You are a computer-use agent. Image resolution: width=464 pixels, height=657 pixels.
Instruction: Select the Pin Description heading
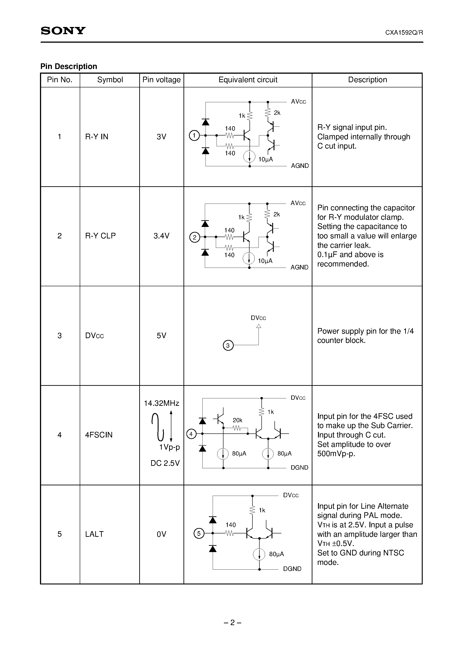pos(69,66)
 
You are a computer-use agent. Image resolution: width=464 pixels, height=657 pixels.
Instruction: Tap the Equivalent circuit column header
pos(248,80)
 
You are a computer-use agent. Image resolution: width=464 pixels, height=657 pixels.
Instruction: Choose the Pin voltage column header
pos(161,80)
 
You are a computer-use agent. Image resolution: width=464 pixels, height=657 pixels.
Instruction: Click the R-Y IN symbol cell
pos(97,137)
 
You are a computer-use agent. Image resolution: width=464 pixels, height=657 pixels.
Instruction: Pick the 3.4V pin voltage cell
pos(161,236)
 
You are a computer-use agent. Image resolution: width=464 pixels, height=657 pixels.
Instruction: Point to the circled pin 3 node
pos(228,345)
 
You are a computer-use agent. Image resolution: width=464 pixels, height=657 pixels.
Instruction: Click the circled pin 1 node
pos(194,135)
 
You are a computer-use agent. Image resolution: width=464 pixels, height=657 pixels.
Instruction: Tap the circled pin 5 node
pos(199,533)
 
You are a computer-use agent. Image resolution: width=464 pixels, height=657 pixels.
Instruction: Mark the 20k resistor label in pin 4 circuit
pos(237,420)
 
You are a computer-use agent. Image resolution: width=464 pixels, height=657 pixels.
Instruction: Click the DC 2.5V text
pos(165,463)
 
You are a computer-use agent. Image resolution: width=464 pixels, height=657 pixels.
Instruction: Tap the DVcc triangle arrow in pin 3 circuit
pos(259,326)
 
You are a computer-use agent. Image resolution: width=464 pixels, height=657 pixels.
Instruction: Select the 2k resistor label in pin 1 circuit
pos(277,113)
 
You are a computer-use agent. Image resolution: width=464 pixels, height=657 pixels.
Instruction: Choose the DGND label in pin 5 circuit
pos(292,569)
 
